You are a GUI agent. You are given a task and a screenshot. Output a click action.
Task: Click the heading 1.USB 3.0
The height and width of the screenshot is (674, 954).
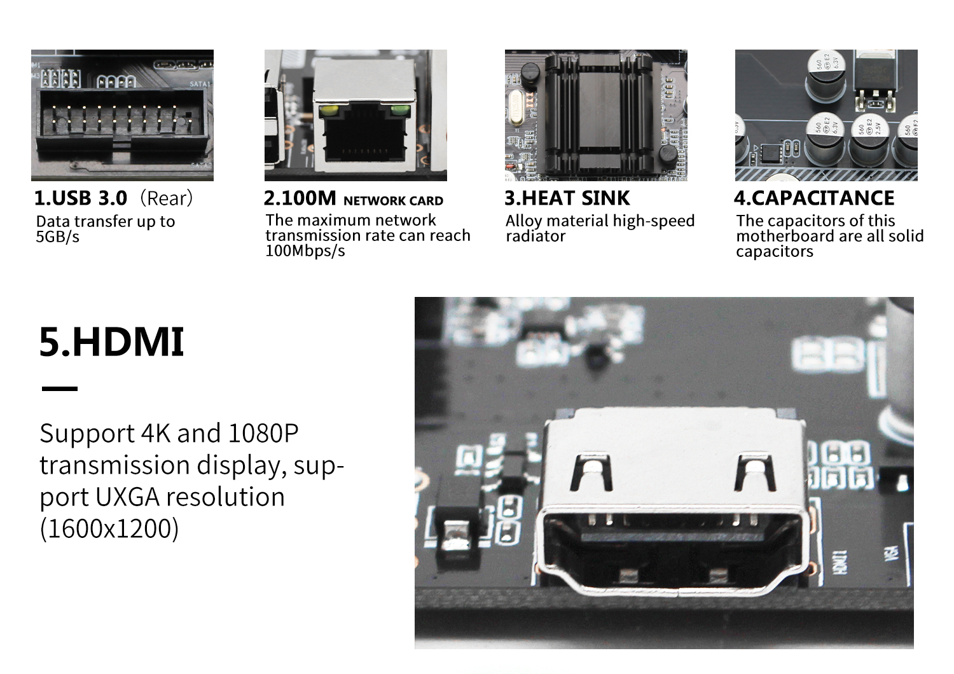(81, 198)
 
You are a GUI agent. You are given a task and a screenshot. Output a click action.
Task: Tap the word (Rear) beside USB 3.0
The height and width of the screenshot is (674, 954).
(167, 198)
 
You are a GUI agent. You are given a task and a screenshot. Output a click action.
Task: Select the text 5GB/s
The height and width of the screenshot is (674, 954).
(57, 237)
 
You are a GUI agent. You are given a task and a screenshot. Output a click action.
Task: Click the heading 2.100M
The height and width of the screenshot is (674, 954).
(300, 198)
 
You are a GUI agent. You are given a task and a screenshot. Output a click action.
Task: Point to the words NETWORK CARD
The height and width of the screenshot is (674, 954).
(394, 200)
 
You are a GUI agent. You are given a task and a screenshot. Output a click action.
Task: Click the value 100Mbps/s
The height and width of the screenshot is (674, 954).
(305, 251)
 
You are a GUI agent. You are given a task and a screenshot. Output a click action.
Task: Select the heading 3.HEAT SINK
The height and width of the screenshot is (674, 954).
(567, 198)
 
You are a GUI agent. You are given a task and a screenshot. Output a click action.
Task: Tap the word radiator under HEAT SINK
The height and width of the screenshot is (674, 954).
(536, 236)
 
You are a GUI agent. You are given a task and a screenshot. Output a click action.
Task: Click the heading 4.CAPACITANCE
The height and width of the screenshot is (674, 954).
(814, 198)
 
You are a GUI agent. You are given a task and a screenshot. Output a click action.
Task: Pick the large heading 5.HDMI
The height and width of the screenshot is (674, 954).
(111, 341)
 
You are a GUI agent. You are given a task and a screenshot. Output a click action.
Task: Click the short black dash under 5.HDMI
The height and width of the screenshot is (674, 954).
(60, 389)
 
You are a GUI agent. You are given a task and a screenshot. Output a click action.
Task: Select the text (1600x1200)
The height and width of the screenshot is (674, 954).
(109, 528)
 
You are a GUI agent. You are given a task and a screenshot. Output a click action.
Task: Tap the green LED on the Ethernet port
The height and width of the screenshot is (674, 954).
(400, 111)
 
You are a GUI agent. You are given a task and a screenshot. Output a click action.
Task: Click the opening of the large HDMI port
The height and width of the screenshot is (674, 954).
(673, 549)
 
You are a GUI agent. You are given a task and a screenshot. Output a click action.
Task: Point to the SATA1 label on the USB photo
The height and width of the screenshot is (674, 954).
(200, 85)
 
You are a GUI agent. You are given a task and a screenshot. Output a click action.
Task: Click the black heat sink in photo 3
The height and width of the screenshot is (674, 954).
(598, 115)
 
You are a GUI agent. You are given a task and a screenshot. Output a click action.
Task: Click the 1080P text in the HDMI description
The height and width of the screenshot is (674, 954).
(263, 433)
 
